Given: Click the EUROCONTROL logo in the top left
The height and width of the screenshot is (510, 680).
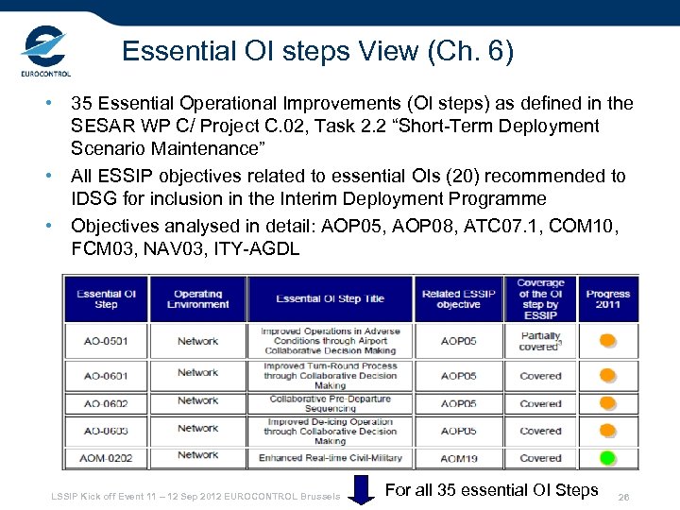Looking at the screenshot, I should pyautogui.click(x=44, y=52).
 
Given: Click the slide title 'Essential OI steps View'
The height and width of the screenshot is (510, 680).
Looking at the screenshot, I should pyautogui.click(x=318, y=51).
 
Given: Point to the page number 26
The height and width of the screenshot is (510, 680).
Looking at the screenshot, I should pyautogui.click(x=622, y=497).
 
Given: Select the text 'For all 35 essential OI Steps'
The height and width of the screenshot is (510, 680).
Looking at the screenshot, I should pyautogui.click(x=492, y=490).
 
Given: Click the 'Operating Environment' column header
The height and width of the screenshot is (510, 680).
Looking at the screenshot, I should pyautogui.click(x=197, y=298).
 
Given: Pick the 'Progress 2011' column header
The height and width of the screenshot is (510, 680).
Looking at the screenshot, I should pyautogui.click(x=608, y=299).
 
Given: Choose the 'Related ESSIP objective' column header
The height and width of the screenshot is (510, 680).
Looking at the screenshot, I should pyautogui.click(x=458, y=298).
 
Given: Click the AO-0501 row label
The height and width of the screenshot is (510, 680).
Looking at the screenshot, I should pyautogui.click(x=106, y=341).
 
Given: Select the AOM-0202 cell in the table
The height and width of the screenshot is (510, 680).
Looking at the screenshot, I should pyautogui.click(x=106, y=458).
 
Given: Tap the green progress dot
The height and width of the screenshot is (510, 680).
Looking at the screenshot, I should pyautogui.click(x=607, y=458).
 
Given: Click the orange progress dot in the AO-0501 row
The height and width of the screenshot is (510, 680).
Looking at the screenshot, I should pyautogui.click(x=607, y=341).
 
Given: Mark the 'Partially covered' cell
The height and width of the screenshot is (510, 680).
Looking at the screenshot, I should pyautogui.click(x=540, y=341).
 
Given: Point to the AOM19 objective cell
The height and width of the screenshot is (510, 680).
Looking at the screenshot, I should pyautogui.click(x=458, y=458).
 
